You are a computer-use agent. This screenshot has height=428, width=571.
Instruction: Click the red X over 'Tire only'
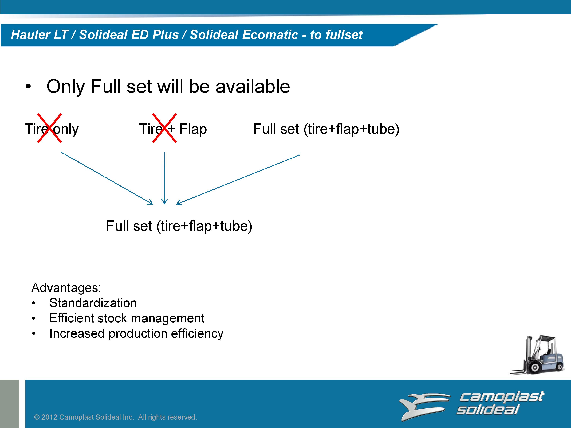pos(49,128)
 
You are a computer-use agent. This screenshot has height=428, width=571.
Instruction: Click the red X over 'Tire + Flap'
pos(164,128)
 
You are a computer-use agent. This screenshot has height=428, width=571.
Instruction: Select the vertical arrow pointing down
pos(164,178)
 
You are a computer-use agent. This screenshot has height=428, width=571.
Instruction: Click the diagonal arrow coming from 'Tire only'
pos(107,178)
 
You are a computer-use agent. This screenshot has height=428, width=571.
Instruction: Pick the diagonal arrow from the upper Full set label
pos(238,180)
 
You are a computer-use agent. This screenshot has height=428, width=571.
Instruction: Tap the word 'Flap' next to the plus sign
pos(193,129)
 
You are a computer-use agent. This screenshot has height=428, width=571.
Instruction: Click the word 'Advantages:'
pos(66,288)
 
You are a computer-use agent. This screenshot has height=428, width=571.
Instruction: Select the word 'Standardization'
pos(93,303)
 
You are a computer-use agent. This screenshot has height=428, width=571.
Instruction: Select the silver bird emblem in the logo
pos(425,406)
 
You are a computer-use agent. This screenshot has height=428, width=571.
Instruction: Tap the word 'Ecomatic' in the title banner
pos(270,35)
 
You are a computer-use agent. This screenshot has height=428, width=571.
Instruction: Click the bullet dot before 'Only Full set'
pos(28,87)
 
